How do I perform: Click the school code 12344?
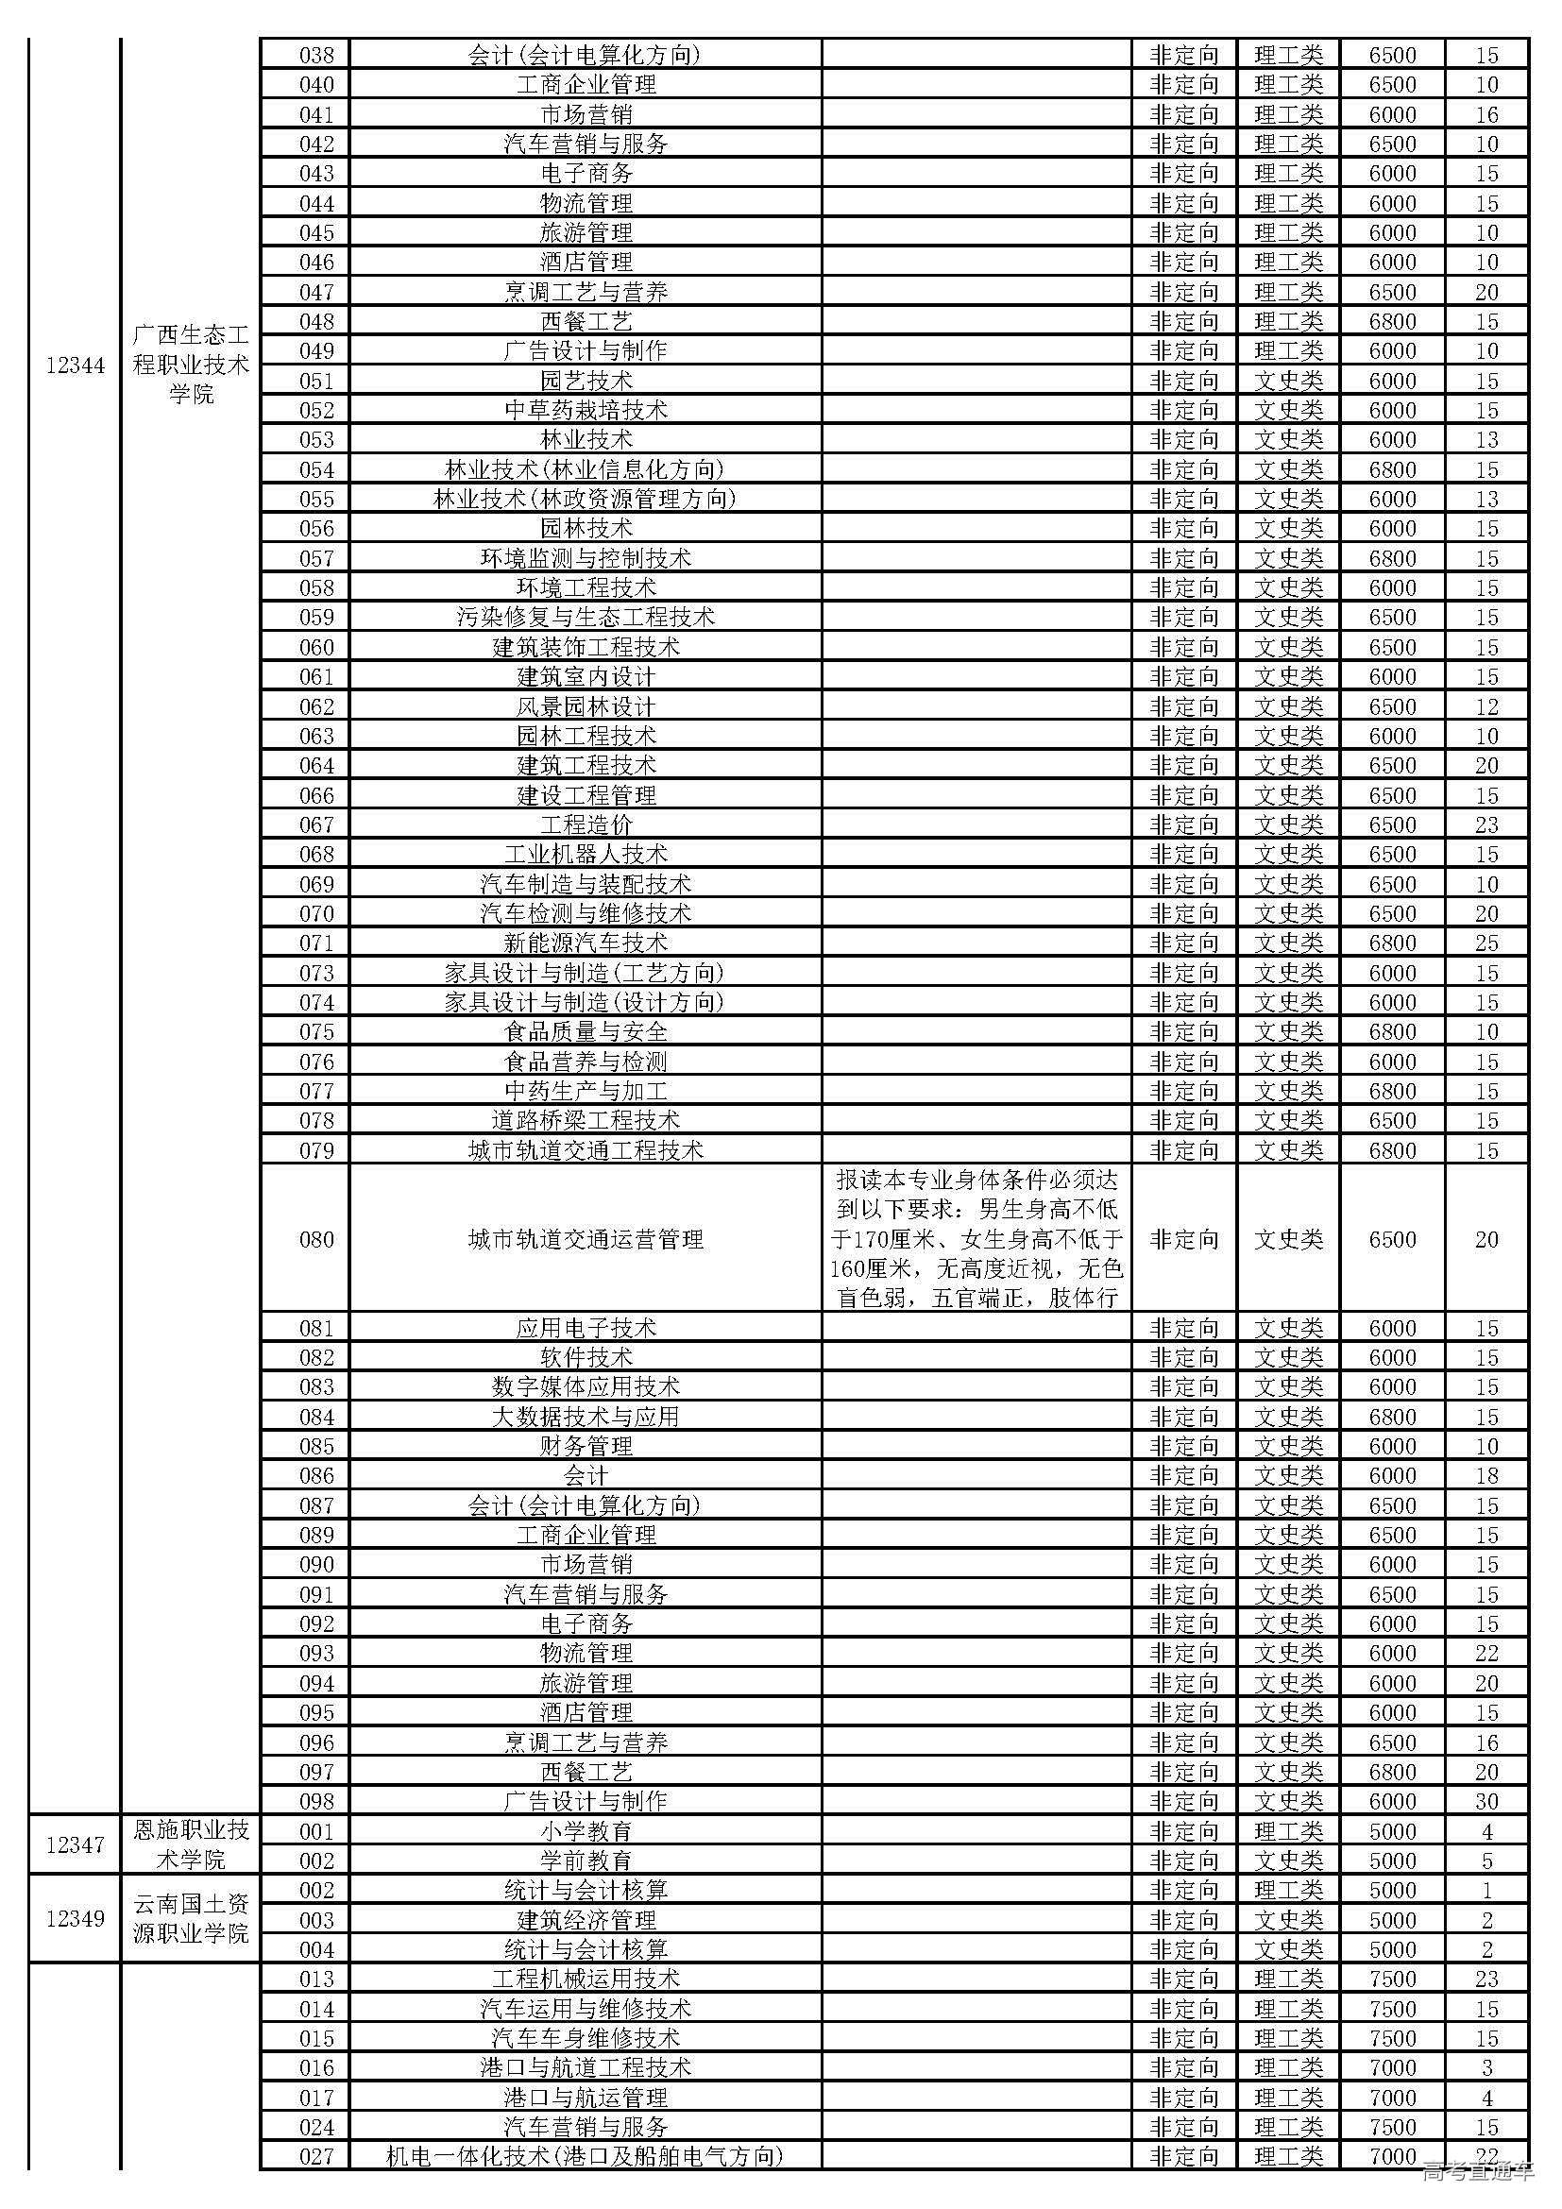point(75,365)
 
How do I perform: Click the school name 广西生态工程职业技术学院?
point(192,365)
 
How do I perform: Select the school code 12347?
point(75,1844)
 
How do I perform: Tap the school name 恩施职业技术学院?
point(192,1844)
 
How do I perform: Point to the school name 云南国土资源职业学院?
point(192,1918)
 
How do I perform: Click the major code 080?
point(315,1239)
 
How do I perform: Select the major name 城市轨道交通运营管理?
point(586,1239)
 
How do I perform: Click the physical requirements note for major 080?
point(977,1239)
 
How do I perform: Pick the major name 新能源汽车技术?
point(586,943)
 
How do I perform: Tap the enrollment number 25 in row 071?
point(1486,943)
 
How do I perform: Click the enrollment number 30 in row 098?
point(1486,1801)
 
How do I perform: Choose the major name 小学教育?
point(586,1831)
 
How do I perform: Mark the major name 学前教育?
point(586,1861)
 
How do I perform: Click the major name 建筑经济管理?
point(586,1920)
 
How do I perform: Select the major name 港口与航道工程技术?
point(586,2067)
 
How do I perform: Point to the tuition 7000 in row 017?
point(1392,2098)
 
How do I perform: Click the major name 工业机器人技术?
point(586,855)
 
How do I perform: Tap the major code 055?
point(315,500)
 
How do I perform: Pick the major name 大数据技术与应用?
point(586,1417)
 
